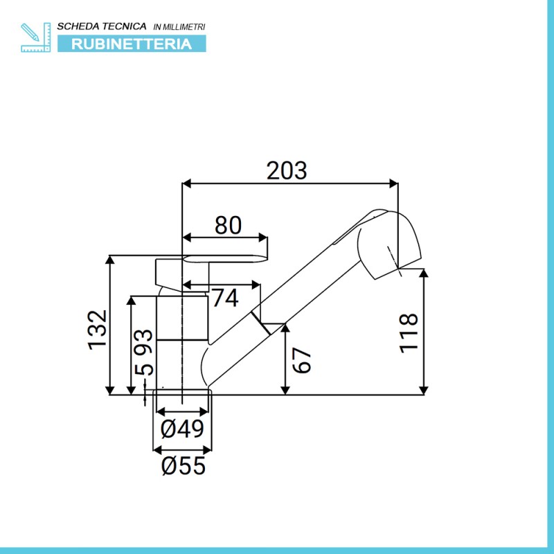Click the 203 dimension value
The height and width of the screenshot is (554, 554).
coord(287,170)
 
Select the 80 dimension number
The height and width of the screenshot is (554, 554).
coord(229,225)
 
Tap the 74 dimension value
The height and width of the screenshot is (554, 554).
coord(225,298)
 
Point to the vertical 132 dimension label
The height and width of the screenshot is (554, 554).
coord(98,330)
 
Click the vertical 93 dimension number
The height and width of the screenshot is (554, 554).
coord(144,341)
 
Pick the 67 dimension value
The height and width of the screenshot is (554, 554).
coord(302,360)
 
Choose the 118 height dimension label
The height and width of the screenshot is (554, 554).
coord(409,333)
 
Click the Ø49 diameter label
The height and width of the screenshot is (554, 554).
coord(182,429)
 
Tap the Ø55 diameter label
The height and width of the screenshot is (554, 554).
coord(183,465)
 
